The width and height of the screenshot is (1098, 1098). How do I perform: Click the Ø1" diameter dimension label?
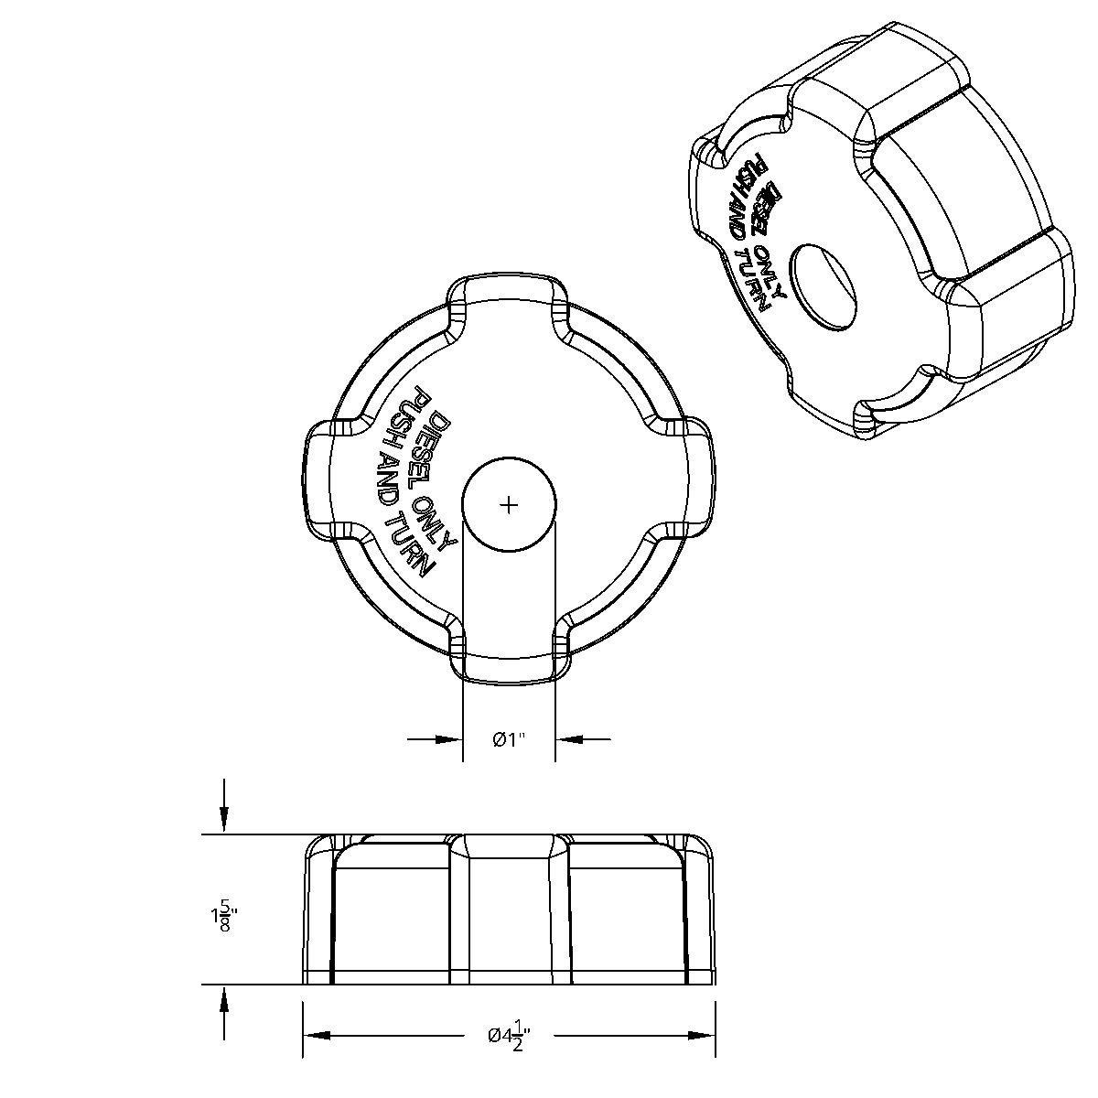[x=510, y=739]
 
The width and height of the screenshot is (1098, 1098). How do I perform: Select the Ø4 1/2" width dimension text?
[x=509, y=1036]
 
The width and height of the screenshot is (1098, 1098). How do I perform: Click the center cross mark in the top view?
[x=510, y=504]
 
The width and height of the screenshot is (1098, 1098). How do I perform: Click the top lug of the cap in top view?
[x=509, y=297]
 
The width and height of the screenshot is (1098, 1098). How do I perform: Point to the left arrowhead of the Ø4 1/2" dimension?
[x=316, y=1036]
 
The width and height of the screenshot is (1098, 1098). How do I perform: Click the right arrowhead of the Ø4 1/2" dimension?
[x=702, y=1036]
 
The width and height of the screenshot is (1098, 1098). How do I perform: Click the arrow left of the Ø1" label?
[x=448, y=739]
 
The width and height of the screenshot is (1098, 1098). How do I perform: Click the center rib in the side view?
[x=509, y=910]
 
